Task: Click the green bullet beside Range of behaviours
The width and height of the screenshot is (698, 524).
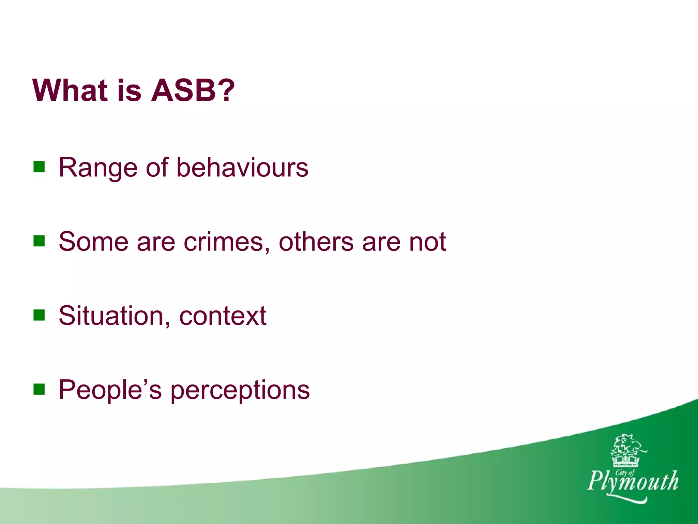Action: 39,167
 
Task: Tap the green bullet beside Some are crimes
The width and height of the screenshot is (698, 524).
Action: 39,241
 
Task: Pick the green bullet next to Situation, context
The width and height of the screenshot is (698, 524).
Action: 39,315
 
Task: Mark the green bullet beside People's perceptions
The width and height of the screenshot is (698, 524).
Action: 39,389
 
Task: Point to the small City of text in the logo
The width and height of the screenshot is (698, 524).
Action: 625,472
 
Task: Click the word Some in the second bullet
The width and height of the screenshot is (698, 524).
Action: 93,242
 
